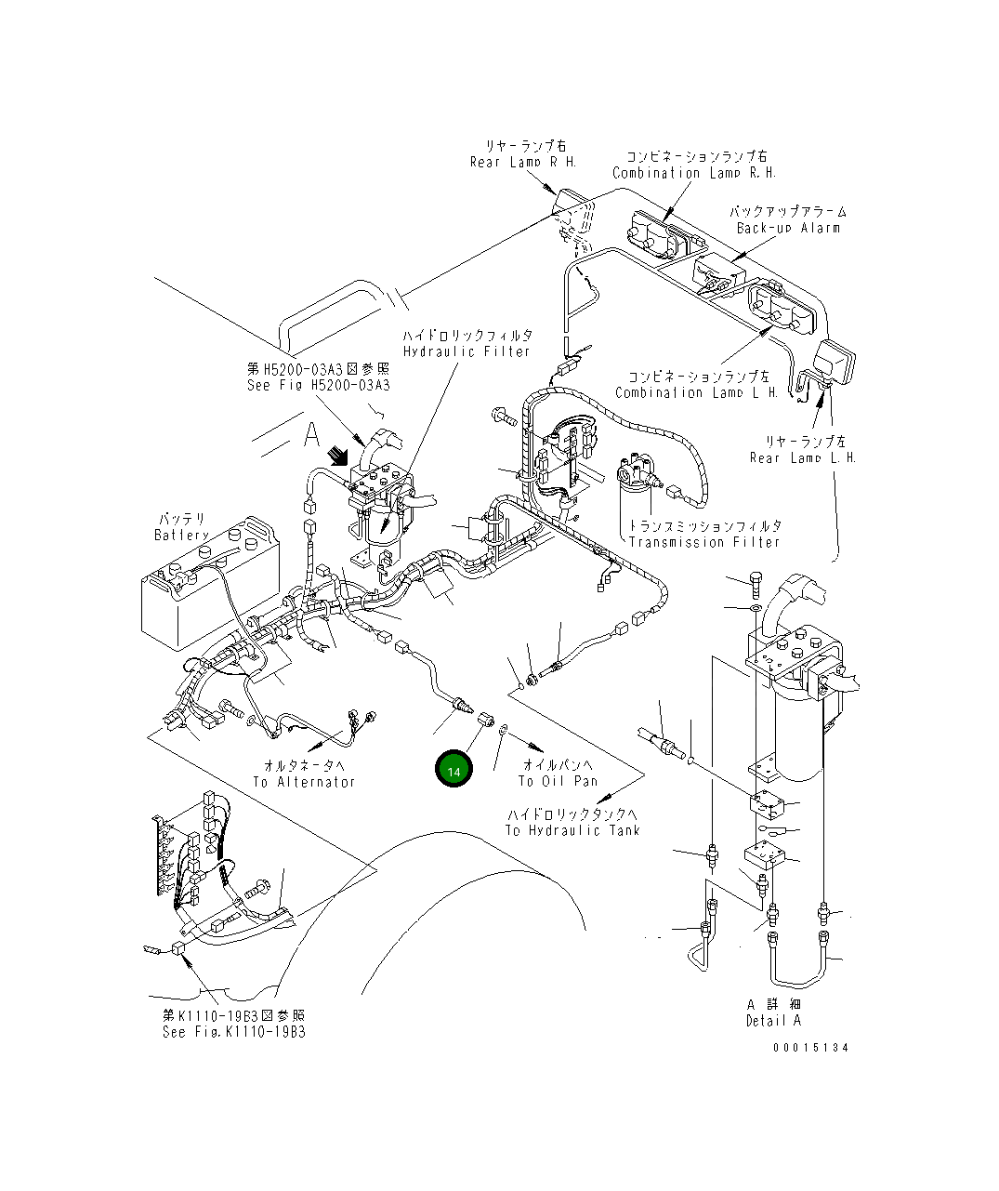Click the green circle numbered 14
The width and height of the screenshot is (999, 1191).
pos(453,771)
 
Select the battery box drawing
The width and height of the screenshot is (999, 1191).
pos(209,580)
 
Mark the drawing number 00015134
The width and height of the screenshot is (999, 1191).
pos(810,1047)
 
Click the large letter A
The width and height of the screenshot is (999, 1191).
pos(310,434)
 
